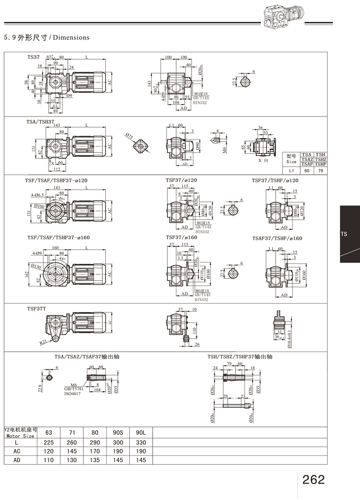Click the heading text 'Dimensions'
point(72,37)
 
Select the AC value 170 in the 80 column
point(94,451)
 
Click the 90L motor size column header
point(141,433)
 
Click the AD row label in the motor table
point(17,460)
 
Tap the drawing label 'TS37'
point(34,58)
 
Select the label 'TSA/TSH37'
point(40,121)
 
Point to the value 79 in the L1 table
point(320,170)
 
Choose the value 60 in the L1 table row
point(307,170)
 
